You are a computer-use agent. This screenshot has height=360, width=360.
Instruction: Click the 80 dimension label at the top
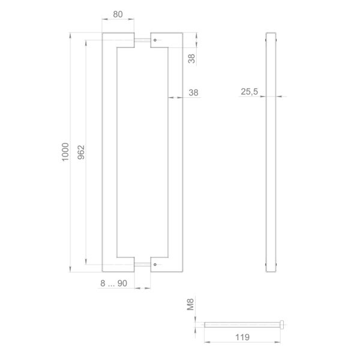click(x=118, y=14)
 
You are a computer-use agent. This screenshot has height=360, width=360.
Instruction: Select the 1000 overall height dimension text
click(x=65, y=152)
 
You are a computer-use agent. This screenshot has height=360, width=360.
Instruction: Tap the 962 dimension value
click(x=81, y=152)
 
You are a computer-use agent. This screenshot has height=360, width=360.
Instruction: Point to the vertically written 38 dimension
click(x=191, y=59)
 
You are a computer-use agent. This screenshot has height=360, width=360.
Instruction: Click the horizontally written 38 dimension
click(x=193, y=92)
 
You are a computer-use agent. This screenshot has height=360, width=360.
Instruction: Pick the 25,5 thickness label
click(x=250, y=92)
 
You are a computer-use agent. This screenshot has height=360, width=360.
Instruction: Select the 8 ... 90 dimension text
click(x=113, y=283)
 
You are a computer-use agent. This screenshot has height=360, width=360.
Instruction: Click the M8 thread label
click(x=190, y=304)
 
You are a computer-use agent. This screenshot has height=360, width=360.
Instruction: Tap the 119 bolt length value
click(x=242, y=337)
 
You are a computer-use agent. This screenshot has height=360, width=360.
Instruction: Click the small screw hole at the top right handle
click(x=155, y=40)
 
